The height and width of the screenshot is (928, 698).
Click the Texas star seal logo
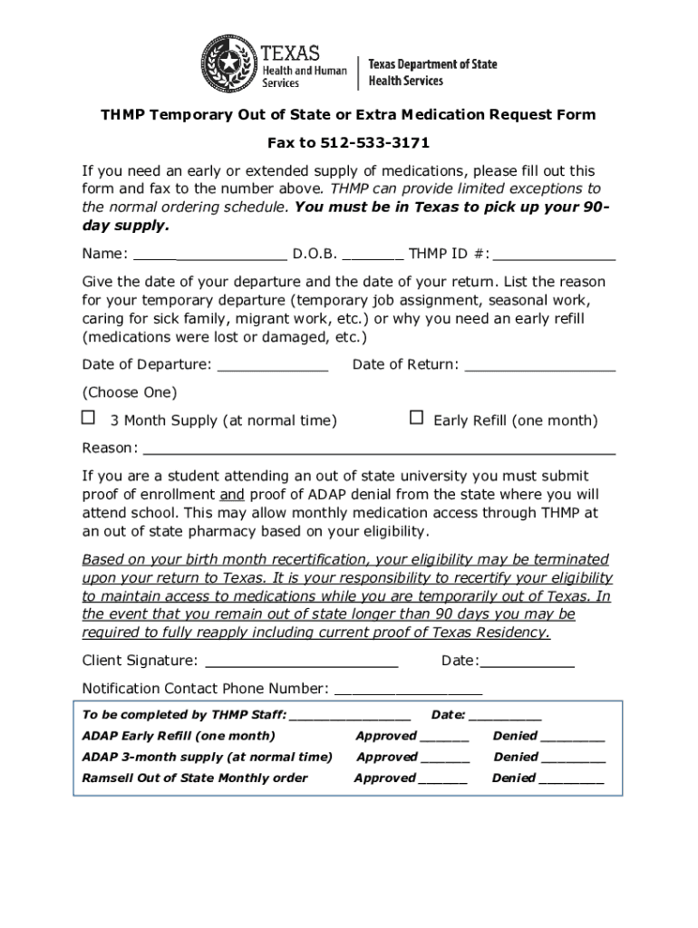pyautogui.click(x=228, y=63)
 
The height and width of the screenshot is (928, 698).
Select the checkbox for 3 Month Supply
pyautogui.click(x=88, y=418)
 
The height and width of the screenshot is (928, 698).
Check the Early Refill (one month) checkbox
pyautogui.click(x=416, y=418)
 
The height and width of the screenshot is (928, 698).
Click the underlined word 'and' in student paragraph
pyautogui.click(x=232, y=495)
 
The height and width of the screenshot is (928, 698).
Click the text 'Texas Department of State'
pyautogui.click(x=432, y=64)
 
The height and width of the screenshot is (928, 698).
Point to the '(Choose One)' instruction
pyautogui.click(x=130, y=392)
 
